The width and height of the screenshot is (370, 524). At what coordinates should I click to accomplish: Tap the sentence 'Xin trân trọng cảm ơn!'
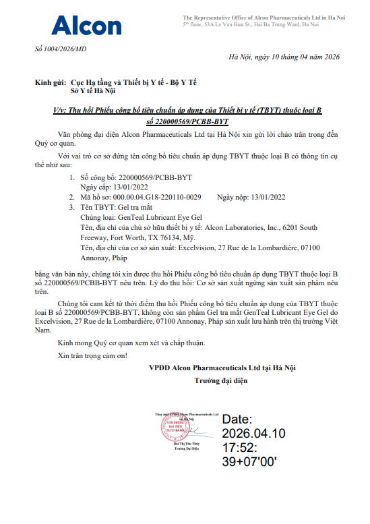(92, 355)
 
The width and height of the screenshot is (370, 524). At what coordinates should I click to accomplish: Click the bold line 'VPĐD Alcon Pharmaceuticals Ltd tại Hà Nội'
(222, 368)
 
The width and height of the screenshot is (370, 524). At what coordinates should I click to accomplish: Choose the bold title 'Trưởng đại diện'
(222, 381)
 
